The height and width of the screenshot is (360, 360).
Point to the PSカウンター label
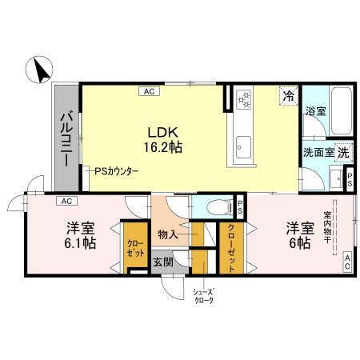[x=116, y=171]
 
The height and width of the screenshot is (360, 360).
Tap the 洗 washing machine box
[x=342, y=151]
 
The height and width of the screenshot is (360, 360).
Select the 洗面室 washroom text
[x=318, y=152]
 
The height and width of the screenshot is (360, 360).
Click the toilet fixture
[x=212, y=206]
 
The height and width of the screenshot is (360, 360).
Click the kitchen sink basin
[x=244, y=148]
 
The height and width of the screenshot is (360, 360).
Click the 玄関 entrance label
[x=163, y=261]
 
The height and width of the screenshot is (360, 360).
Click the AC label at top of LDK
[x=149, y=92]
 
